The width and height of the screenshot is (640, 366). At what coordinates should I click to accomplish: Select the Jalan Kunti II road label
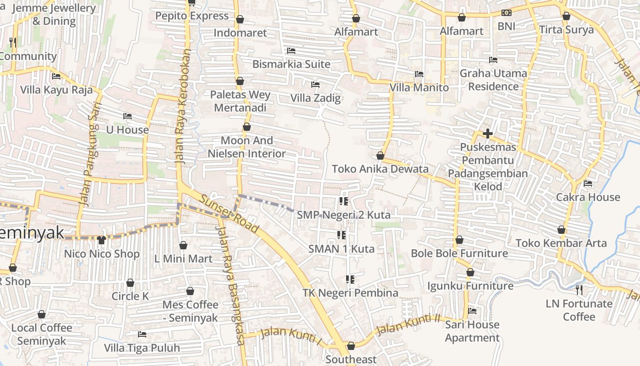pyautogui.click(x=408, y=324)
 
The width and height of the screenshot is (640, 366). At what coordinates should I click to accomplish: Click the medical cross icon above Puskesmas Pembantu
pyautogui.click(x=488, y=134)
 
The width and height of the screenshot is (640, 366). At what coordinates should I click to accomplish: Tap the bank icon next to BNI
pyautogui.click(x=506, y=13)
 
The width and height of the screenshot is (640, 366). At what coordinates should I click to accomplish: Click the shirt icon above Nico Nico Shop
pyautogui.click(x=101, y=239)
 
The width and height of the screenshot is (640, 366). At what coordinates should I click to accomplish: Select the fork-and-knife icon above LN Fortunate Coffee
pyautogui.click(x=579, y=289)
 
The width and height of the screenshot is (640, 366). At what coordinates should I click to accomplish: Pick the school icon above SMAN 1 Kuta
pyautogui.click(x=341, y=235)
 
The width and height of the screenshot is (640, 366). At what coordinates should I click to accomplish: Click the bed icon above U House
pyautogui.click(x=128, y=116)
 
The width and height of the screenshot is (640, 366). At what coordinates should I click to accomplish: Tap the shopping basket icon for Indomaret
pyautogui.click(x=240, y=19)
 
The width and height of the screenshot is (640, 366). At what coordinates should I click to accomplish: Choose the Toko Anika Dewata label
pyautogui.click(x=380, y=169)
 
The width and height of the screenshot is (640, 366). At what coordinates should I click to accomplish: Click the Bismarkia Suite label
pyautogui.click(x=291, y=64)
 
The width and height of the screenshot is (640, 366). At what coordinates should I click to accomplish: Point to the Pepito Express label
pyautogui.click(x=192, y=16)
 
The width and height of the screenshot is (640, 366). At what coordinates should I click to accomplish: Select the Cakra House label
pyautogui.click(x=588, y=197)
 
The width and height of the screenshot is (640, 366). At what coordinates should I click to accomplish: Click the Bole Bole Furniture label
pyautogui.click(x=459, y=253)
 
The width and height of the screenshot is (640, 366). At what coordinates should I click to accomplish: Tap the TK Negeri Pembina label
pyautogui.click(x=350, y=293)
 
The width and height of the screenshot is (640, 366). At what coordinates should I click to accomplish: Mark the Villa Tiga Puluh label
pyautogui.click(x=142, y=348)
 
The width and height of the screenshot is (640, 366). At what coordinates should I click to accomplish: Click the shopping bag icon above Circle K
pyautogui.click(x=130, y=283)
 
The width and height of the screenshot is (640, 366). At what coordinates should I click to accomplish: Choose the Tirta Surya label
pyautogui.click(x=566, y=30)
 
